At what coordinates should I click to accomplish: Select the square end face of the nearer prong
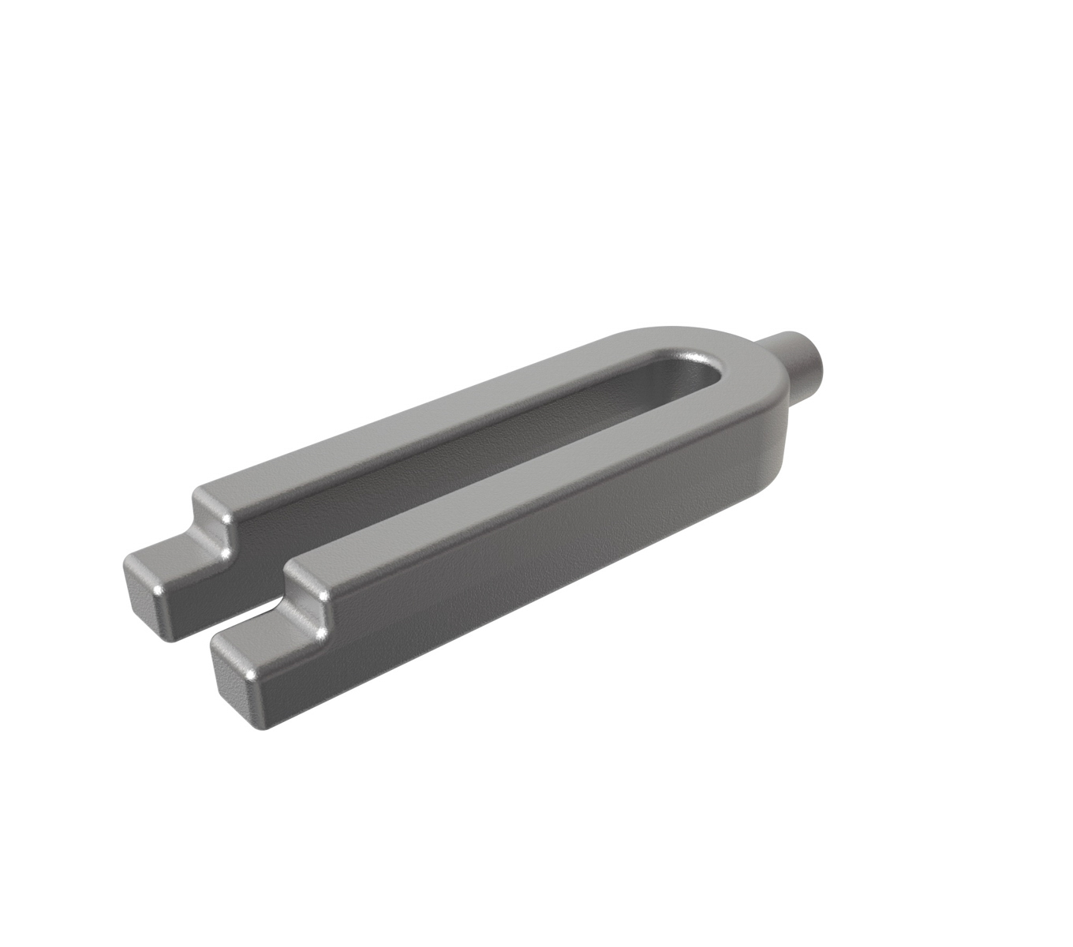pyautogui.click(x=237, y=679)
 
